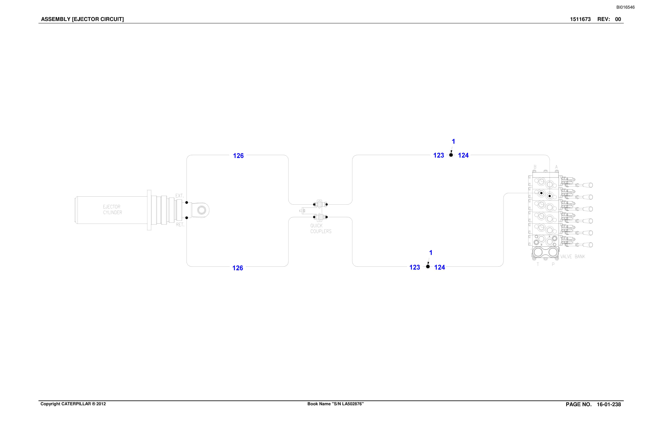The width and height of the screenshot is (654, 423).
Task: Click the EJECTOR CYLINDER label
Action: (x=112, y=210)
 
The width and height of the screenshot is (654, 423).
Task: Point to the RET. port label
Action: (x=180, y=225)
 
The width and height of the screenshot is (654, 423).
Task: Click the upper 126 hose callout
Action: (x=238, y=156)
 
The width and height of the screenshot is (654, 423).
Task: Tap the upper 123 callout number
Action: (x=439, y=155)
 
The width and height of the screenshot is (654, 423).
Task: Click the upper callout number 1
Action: (x=453, y=141)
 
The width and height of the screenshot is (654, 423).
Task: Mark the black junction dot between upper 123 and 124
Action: (x=451, y=155)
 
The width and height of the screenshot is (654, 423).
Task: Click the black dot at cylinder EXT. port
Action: (x=187, y=202)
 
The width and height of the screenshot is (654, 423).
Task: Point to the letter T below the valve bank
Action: (x=538, y=264)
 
